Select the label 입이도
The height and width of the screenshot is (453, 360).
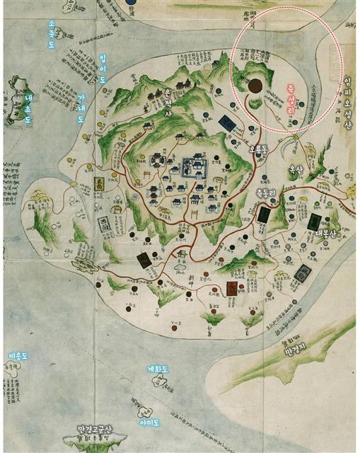103,69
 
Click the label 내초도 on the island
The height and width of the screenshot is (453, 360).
28,108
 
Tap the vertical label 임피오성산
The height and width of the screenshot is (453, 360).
347,99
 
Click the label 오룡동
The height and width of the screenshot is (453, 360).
257,150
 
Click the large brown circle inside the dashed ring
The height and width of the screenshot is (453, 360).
255,86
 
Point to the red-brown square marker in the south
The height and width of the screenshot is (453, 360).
232,289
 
